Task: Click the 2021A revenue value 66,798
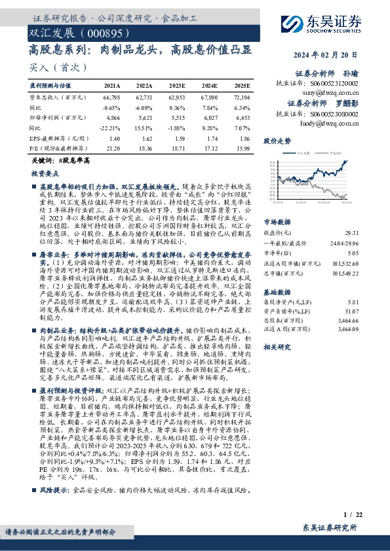point(111,96)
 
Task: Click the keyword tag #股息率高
point(74,160)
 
